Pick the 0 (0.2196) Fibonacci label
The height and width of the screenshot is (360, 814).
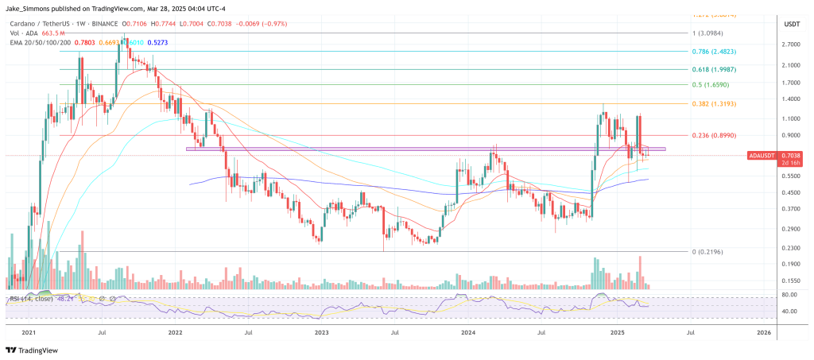(x=708, y=252)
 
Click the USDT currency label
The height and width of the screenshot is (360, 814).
(x=792, y=25)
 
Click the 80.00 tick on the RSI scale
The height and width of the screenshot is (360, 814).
(x=790, y=294)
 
